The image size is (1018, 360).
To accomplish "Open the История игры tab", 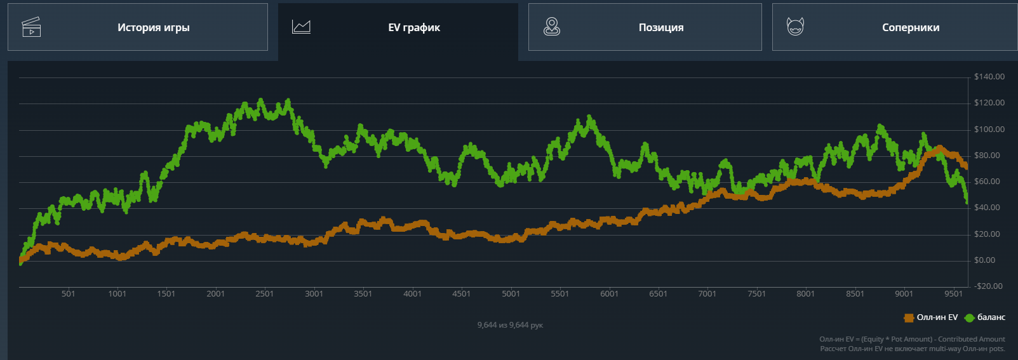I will click(x=153, y=27).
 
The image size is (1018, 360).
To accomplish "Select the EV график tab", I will click(x=413, y=27).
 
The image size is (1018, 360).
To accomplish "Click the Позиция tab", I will click(x=660, y=27).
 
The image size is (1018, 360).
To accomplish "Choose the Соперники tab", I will click(x=910, y=27).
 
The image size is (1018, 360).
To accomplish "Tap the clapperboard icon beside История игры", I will click(x=31, y=27).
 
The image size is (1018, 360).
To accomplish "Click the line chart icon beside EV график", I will click(x=301, y=27).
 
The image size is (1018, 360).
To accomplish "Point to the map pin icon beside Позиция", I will click(x=552, y=27).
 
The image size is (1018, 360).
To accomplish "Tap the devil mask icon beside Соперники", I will click(x=795, y=27).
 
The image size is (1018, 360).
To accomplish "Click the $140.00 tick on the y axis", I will click(x=989, y=77).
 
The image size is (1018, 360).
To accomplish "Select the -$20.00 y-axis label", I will click(x=988, y=286).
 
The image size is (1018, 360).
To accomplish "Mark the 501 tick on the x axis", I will click(x=68, y=294).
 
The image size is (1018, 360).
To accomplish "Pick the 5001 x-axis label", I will click(x=511, y=294).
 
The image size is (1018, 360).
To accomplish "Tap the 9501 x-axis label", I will click(x=953, y=294).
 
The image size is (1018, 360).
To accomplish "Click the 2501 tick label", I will click(x=265, y=294).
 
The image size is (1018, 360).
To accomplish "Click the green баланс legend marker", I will click(x=969, y=317).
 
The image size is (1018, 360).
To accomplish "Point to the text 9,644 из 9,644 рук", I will click(x=510, y=325).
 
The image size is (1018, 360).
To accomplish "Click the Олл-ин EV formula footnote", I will click(x=912, y=339).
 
